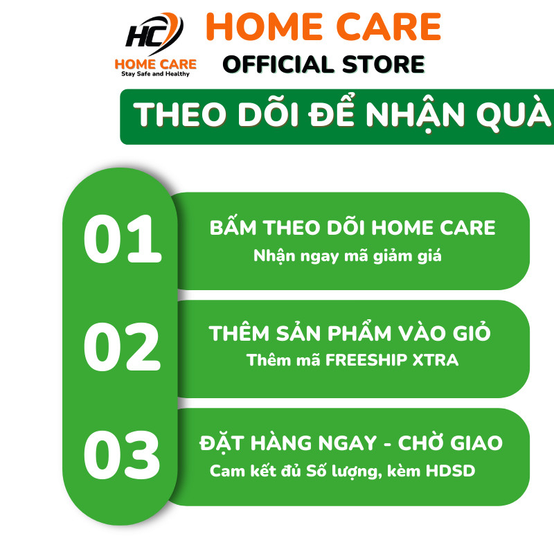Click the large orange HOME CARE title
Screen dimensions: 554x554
(x=323, y=28)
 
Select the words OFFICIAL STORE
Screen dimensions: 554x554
(x=323, y=64)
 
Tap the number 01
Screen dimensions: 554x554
(x=122, y=241)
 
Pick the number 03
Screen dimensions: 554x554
(x=122, y=455)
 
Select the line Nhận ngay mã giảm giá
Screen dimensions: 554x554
(x=348, y=256)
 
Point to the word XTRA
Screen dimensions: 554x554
(x=439, y=360)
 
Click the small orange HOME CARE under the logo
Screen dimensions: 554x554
(x=155, y=64)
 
